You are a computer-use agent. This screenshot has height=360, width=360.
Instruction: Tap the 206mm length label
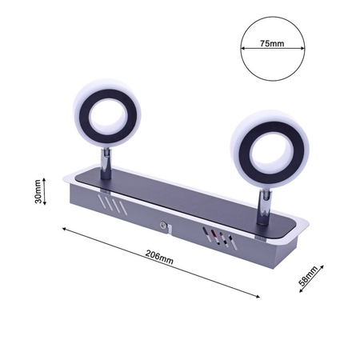click(160, 258)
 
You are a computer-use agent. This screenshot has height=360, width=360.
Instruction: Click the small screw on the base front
click(163, 226)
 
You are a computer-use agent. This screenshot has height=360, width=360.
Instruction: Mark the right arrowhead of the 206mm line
click(262, 298)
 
